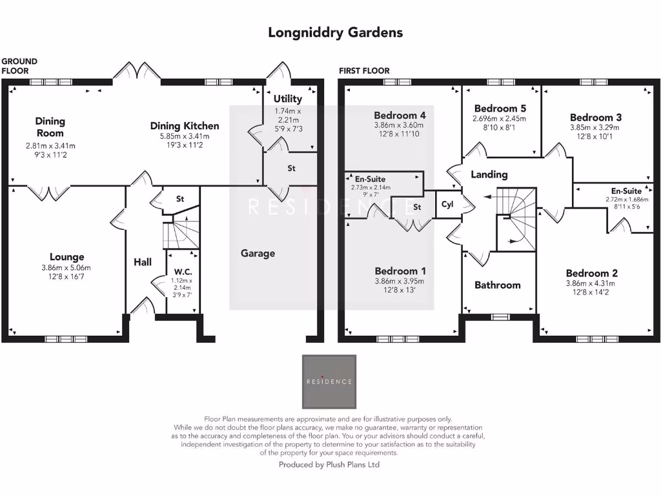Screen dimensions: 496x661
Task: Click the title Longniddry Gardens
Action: [x=336, y=32]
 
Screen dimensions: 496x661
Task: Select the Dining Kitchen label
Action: [x=185, y=126]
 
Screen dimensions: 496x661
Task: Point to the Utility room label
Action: [x=288, y=99]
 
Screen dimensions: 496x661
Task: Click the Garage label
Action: [x=258, y=253]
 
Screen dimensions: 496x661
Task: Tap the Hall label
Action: [x=143, y=262]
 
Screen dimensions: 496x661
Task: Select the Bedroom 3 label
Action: [x=596, y=118]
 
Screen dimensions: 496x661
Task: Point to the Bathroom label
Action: [x=498, y=285]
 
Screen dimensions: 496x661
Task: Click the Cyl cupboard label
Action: [x=447, y=204]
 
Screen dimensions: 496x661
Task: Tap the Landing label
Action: [x=489, y=174]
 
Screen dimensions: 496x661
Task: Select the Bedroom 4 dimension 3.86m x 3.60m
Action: [x=400, y=125]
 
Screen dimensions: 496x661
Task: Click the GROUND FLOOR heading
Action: [x=19, y=66]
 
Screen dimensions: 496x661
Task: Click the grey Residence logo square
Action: [x=329, y=380]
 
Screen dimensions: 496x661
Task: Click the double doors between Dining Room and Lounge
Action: [x=49, y=191]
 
